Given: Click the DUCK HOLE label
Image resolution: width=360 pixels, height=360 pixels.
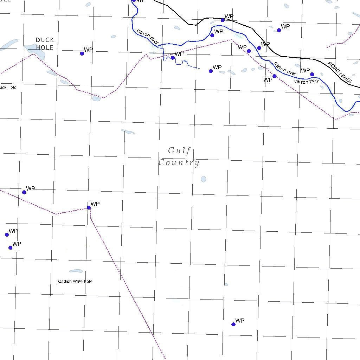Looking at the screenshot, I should click(x=45, y=44).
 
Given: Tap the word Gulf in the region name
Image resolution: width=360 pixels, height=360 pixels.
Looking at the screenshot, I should click(x=179, y=151).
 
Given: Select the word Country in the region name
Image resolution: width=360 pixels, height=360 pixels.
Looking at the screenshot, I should click(x=179, y=163).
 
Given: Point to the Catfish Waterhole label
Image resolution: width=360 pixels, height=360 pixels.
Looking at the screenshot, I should click(x=75, y=281).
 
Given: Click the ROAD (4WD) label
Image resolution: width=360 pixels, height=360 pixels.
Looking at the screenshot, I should click(x=340, y=73).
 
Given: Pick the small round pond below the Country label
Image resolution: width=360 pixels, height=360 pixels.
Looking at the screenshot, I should click(x=203, y=179).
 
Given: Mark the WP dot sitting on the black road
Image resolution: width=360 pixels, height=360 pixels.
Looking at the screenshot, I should click(x=223, y=20).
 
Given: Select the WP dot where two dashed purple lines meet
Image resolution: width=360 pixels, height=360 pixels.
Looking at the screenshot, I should click(x=89, y=207).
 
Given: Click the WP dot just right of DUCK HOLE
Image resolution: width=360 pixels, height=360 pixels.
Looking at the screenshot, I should click(x=82, y=53).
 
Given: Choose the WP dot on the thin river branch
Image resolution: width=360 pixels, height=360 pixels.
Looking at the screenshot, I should click(x=173, y=58).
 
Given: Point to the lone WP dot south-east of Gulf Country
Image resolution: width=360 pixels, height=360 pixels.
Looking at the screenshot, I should click(x=233, y=324).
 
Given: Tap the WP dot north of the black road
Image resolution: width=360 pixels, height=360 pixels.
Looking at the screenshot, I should click(x=279, y=30).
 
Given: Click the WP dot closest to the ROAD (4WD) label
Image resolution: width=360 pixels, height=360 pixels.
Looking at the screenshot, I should click(x=312, y=74).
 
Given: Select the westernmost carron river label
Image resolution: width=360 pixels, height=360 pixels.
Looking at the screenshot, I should click(x=148, y=37).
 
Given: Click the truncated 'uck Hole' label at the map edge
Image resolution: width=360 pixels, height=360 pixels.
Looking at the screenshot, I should click(x=8, y=87).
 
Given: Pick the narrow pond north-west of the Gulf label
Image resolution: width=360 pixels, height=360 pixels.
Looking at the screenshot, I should click(x=128, y=132).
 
